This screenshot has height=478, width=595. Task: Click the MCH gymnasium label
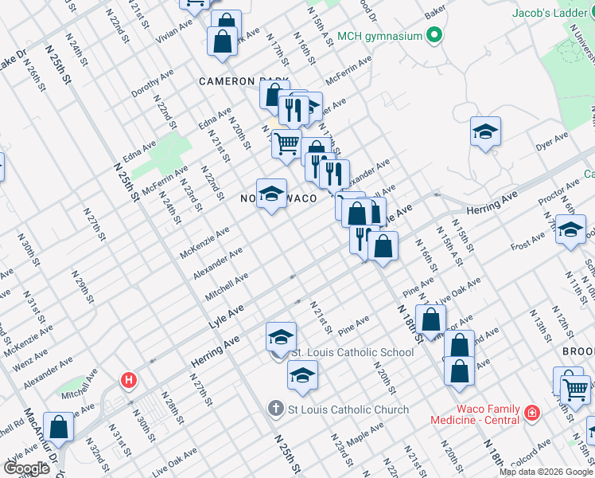378,36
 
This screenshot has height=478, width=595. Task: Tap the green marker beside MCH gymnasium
434,35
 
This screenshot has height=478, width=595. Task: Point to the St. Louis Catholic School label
353,352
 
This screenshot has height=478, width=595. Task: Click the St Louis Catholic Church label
348,409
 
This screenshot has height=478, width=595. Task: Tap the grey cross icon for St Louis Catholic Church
275,409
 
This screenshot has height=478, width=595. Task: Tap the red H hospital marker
127,381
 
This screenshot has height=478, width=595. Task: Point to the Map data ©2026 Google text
546,472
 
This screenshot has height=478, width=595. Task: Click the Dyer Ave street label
552,143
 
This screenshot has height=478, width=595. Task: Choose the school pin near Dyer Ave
485,131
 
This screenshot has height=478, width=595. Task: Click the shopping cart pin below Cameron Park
286,145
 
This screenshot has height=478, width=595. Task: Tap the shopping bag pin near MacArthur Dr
58,426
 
